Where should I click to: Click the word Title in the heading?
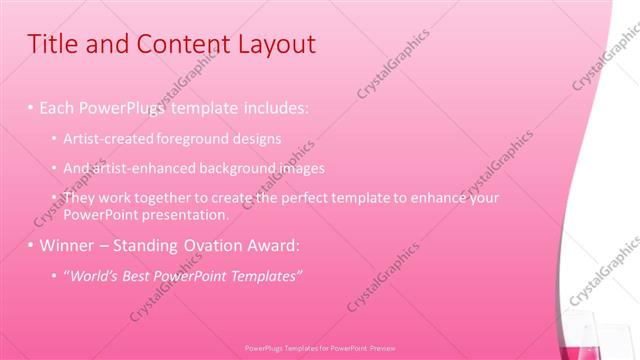(x=52, y=45)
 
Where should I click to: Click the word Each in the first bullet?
(x=57, y=107)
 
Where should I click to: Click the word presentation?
(x=188, y=214)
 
